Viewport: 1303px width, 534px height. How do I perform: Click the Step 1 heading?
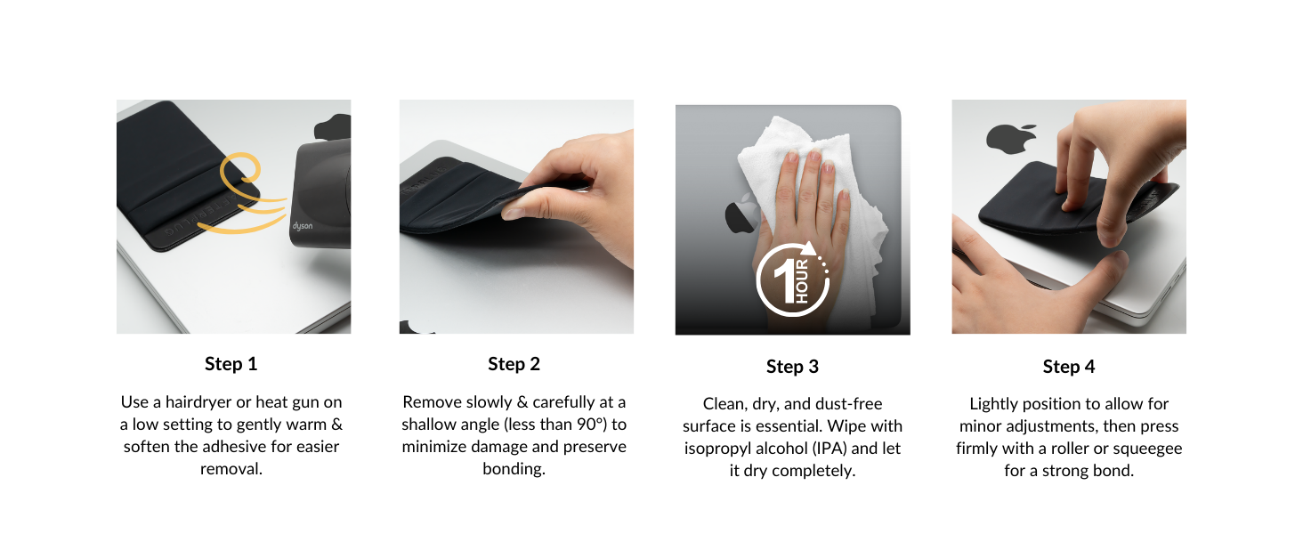[x=231, y=363]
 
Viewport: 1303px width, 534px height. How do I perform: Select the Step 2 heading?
[x=514, y=363]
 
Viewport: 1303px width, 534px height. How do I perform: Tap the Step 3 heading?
[x=792, y=367]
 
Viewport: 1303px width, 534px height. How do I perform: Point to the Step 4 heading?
[x=1069, y=367]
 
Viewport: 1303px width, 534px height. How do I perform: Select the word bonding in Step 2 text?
[x=514, y=468]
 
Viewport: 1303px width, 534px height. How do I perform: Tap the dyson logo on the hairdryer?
[x=303, y=226]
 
